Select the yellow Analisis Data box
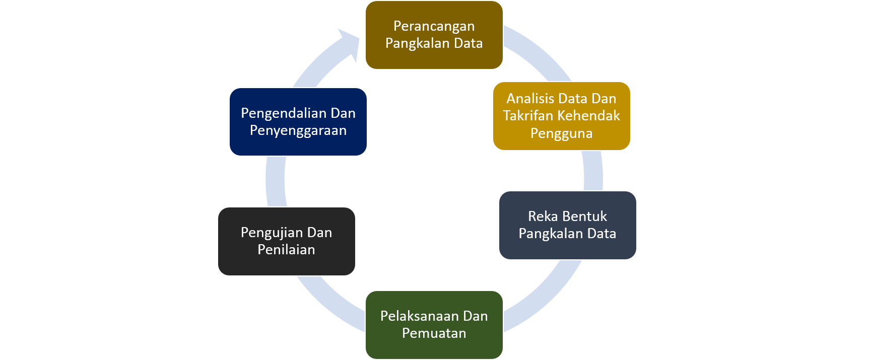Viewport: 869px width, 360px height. [x=561, y=116]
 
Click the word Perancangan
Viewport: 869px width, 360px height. [x=434, y=26]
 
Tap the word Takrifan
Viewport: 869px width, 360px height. [x=526, y=116]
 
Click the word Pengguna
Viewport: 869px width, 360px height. [x=561, y=133]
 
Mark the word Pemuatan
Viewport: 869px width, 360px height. [x=434, y=333]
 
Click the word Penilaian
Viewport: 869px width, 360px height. [x=286, y=250]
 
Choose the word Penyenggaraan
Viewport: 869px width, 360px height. [x=298, y=131]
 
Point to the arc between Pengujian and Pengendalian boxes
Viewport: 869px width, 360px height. [x=276, y=181]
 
